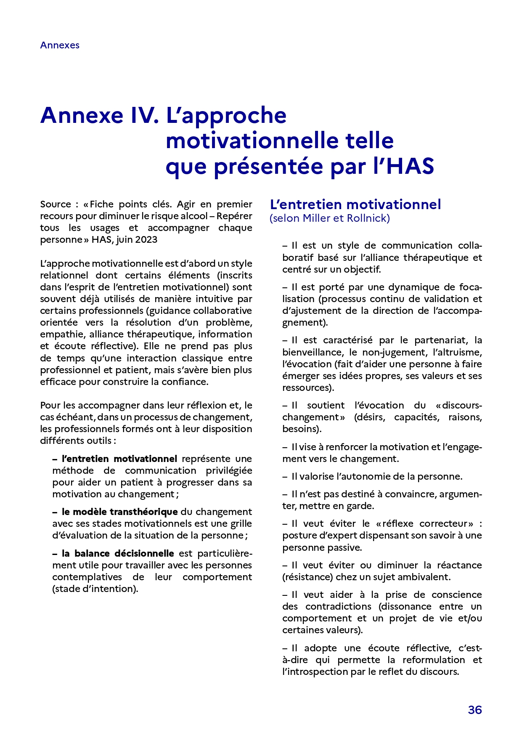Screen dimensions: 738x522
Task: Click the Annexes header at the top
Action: coord(60,45)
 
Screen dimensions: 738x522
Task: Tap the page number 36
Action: coord(474,710)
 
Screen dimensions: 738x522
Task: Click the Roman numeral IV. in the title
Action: coord(145,115)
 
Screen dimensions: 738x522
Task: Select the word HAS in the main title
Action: coord(410,166)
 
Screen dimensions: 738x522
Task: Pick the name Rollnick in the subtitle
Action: coord(368,218)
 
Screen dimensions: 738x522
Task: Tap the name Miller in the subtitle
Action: coord(316,218)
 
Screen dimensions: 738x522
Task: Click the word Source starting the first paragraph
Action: coord(56,204)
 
